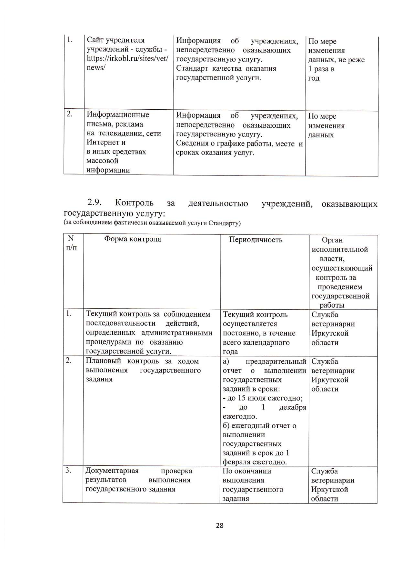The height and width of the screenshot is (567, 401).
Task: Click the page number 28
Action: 220,525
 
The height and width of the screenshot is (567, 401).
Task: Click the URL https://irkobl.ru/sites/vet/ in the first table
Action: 127,59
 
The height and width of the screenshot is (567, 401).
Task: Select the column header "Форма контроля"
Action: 133,239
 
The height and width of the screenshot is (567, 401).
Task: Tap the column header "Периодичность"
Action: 256,240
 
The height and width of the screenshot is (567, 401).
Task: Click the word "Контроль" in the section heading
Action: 134,203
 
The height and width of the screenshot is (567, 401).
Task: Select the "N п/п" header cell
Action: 71,243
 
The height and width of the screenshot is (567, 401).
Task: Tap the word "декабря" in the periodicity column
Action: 292,408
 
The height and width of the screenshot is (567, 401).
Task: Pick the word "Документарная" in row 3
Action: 112,471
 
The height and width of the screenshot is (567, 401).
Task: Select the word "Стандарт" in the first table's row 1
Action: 192,69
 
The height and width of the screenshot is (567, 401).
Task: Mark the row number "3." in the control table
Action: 69,470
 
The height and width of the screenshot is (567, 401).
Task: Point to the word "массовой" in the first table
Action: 102,161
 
